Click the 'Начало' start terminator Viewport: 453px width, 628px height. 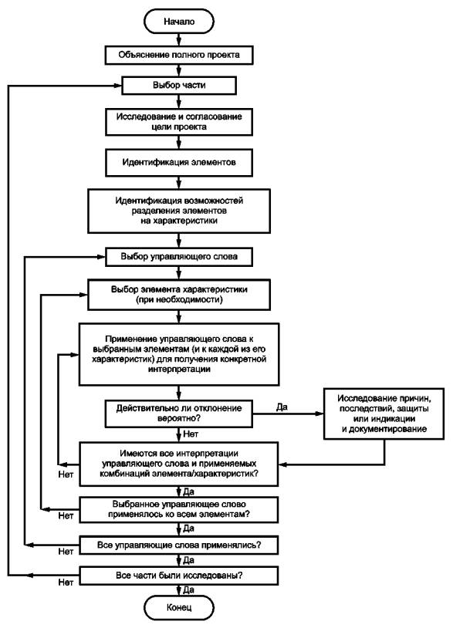178,22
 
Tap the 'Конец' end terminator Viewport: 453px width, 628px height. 178,607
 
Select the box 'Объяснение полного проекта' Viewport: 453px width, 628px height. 178,56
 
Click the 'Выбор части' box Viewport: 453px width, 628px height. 178,86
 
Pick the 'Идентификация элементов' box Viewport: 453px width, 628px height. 178,163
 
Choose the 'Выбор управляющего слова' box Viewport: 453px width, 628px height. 178,257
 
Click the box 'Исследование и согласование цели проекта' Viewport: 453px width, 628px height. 178,122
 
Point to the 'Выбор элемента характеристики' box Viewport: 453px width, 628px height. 178,295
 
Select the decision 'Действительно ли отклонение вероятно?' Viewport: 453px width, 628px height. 178,414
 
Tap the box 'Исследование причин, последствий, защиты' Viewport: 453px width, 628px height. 384,414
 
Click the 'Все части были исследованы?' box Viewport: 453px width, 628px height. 178,576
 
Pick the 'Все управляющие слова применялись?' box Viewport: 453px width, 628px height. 178,545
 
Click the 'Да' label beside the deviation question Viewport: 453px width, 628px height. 282,407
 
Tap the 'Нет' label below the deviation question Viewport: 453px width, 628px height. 191,434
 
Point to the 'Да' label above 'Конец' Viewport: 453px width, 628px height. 188,589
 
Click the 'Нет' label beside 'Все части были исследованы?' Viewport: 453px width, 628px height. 66,582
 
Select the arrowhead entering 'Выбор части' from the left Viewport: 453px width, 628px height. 117,86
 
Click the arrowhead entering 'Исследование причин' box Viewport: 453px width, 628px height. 319,414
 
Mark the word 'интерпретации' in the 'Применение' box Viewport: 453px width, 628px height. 178,370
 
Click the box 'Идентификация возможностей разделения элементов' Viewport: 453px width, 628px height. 178,211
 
